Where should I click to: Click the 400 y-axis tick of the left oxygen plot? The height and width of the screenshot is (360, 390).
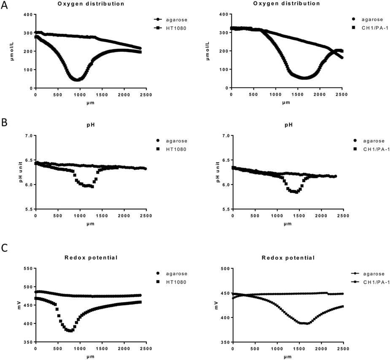[28, 15]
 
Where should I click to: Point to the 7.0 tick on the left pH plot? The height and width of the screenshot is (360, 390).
[28, 136]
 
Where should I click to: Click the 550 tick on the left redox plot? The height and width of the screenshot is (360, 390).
[28, 269]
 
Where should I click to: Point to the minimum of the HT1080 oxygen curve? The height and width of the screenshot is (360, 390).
[77, 79]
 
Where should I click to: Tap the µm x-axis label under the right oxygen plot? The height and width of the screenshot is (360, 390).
[286, 102]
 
